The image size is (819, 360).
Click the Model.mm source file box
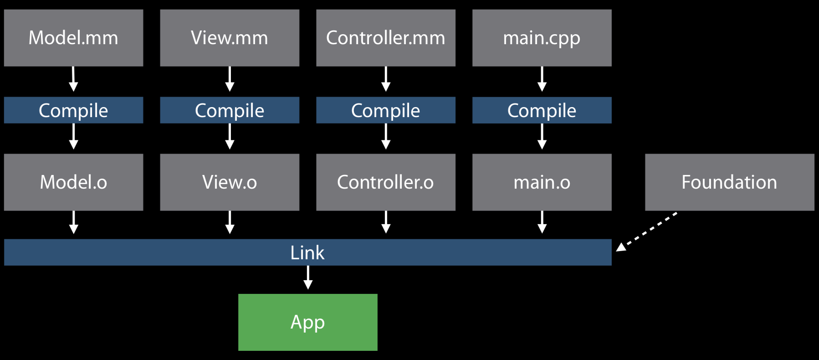(x=73, y=38)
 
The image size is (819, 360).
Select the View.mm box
(x=230, y=38)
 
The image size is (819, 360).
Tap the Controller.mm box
(x=386, y=38)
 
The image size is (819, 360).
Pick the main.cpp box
(x=542, y=38)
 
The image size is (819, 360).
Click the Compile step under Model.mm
(x=73, y=110)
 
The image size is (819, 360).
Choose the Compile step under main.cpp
(x=542, y=110)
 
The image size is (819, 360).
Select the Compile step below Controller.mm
(x=386, y=110)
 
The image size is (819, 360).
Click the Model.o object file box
(x=73, y=182)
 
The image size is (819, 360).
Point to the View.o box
(x=230, y=182)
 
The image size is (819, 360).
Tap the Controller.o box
(x=386, y=182)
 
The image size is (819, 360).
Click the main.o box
(x=542, y=182)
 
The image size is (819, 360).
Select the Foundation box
(x=729, y=182)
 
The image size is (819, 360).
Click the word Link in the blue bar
(x=307, y=253)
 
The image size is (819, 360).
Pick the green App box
(x=307, y=322)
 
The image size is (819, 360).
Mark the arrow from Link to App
(x=308, y=278)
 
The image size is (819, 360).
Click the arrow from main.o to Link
(x=542, y=222)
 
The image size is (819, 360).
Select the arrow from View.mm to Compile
(x=230, y=79)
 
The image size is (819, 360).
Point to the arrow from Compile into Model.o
(x=73, y=137)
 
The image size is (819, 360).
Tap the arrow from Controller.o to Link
(x=386, y=222)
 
